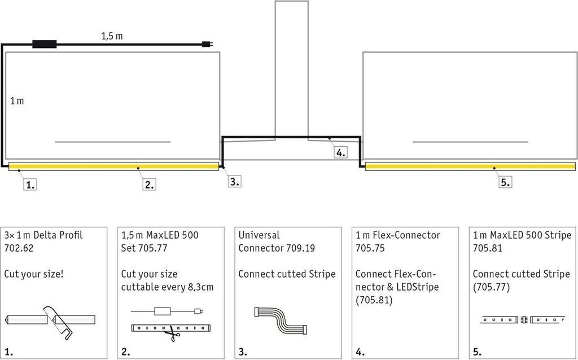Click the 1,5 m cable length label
(112, 36)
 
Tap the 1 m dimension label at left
(17, 101)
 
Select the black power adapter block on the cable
(45, 43)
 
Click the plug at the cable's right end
(208, 43)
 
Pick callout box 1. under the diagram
(30, 183)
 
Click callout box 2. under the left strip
(148, 183)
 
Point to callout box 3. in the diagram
(234, 181)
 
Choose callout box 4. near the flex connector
(339, 152)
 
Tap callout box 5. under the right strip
(505, 182)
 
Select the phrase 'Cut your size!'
(34, 274)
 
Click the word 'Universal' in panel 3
(259, 235)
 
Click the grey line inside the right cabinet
(470, 141)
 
